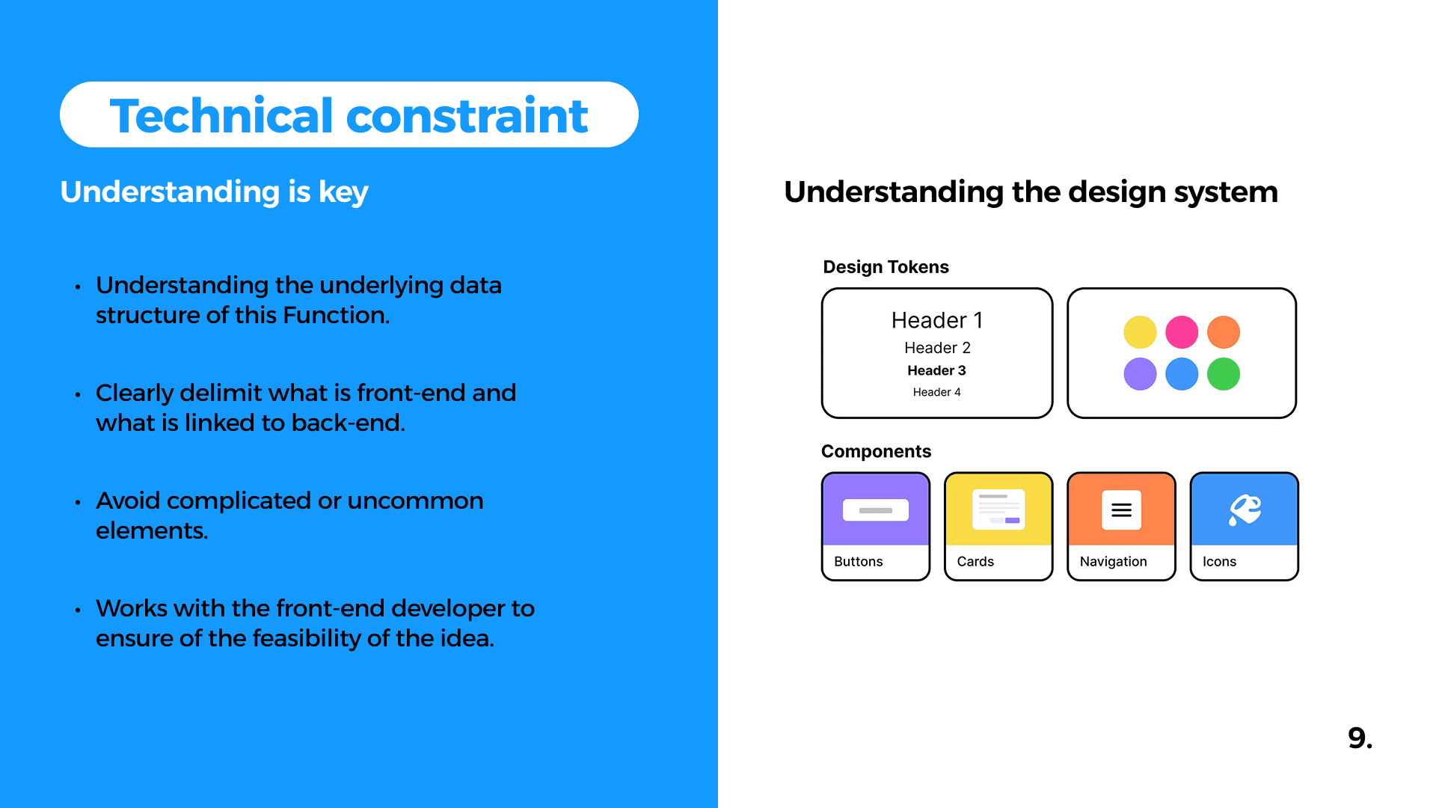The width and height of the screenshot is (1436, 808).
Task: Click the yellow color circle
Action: [x=1140, y=332]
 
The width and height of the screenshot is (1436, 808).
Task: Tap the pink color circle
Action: [x=1182, y=332]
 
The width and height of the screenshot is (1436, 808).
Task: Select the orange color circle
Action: [x=1224, y=332]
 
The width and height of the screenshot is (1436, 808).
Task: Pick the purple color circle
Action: [x=1140, y=374]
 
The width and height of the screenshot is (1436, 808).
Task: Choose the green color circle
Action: [x=1224, y=374]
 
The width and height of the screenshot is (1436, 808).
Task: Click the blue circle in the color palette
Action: [x=1182, y=374]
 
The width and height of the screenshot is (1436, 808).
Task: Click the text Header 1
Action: [x=937, y=320]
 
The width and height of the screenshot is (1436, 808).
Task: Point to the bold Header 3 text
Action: [x=936, y=370]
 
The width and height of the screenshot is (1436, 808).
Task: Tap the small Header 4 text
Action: [x=936, y=392]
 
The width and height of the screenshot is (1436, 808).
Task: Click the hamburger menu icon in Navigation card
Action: [x=1121, y=510]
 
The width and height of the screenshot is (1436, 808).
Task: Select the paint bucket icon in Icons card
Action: [x=1245, y=510]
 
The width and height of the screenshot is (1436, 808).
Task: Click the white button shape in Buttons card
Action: [x=876, y=510]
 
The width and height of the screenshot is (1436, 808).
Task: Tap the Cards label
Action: [x=975, y=562]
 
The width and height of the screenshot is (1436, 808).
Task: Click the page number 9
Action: [x=1360, y=738]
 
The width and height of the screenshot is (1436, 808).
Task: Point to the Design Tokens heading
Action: [x=886, y=267]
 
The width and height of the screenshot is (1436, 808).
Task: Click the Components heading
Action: [x=876, y=452]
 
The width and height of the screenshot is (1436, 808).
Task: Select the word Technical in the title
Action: [x=221, y=116]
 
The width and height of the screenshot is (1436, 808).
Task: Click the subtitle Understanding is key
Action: [x=214, y=192]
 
